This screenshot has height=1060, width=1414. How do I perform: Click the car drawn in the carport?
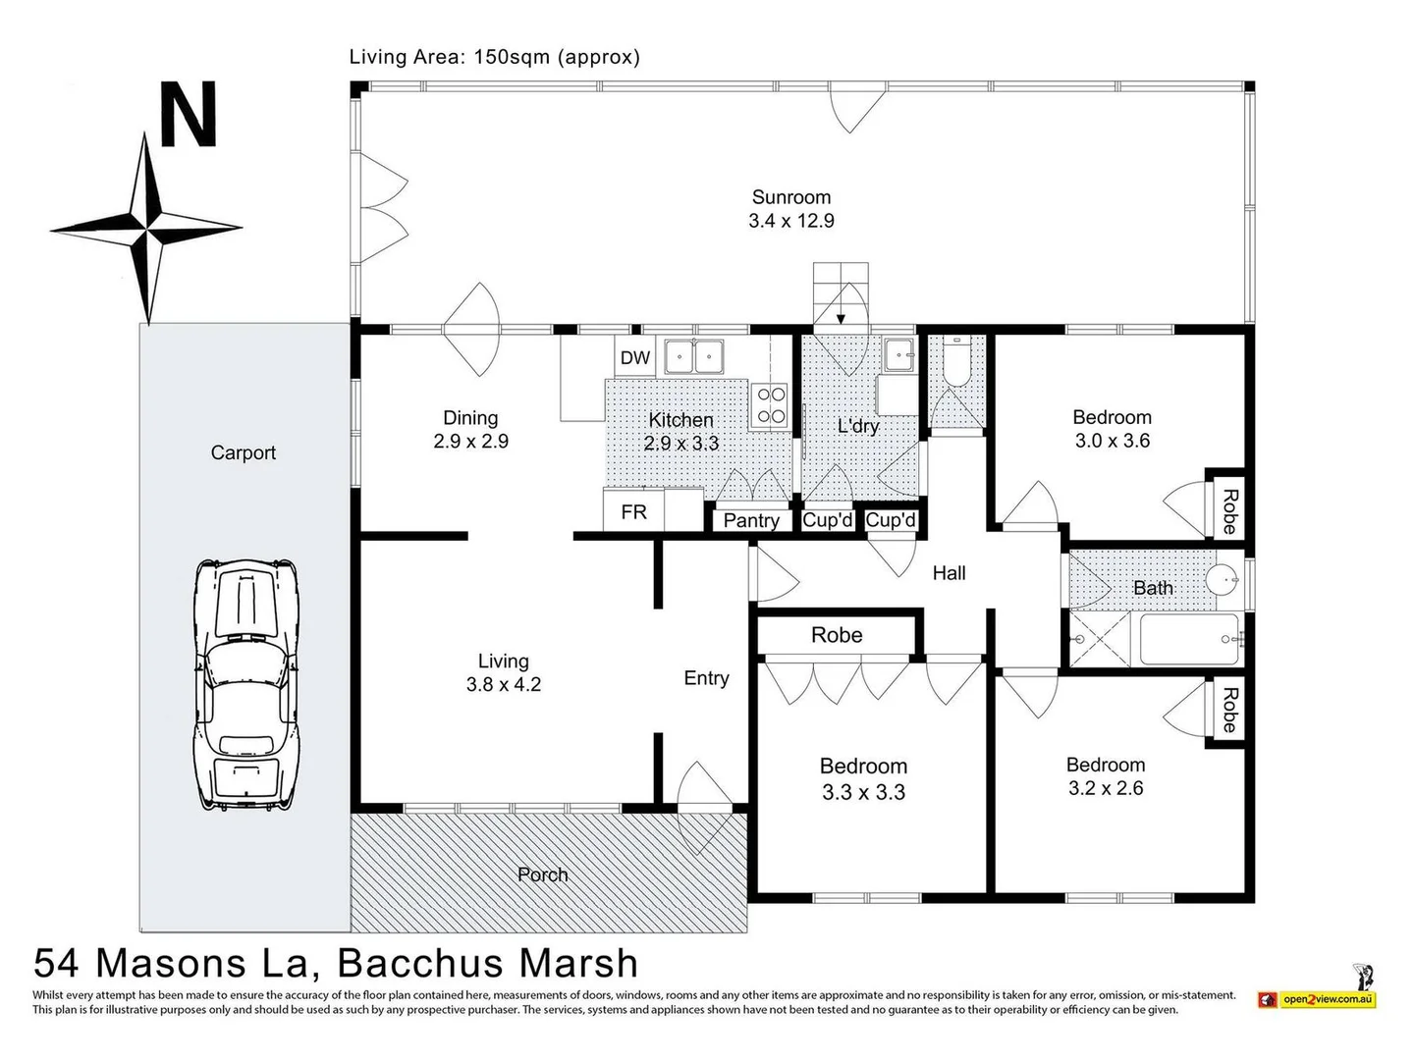click(x=245, y=685)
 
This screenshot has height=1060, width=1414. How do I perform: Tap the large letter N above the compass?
click(x=188, y=114)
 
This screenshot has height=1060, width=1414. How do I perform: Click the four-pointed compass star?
click(x=146, y=229)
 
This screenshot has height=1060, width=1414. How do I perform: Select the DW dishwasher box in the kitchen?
click(x=634, y=357)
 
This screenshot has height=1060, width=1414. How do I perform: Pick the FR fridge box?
click(x=633, y=511)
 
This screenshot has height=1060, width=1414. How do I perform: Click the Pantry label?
click(x=751, y=520)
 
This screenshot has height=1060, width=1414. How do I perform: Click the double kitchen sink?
click(x=693, y=356)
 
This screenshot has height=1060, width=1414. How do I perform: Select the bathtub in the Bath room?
click(x=1189, y=639)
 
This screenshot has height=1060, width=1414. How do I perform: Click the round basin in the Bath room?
click(x=1221, y=580)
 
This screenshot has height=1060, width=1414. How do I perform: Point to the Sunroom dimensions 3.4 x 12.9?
click(x=791, y=221)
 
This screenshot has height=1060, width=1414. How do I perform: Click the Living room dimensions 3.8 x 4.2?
click(x=503, y=684)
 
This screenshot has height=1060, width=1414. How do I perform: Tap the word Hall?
click(x=949, y=573)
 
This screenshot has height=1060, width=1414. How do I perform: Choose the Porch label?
click(x=542, y=874)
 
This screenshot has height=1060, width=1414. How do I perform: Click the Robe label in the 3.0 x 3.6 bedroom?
click(x=1229, y=511)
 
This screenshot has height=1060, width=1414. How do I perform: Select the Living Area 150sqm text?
click(x=495, y=57)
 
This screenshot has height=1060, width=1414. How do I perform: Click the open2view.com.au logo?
click(x=1328, y=999)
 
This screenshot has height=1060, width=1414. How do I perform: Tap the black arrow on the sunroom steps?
click(x=841, y=318)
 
